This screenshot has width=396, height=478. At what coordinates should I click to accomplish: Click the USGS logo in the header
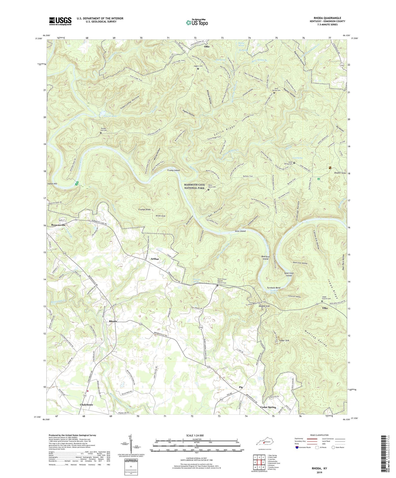[60, 21]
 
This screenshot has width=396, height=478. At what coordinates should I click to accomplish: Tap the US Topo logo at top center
[196, 22]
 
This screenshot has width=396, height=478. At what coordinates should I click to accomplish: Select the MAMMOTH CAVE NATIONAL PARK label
[194, 186]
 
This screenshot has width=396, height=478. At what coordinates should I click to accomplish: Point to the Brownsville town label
[56, 225]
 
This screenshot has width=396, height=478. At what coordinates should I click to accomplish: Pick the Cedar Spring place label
[268, 407]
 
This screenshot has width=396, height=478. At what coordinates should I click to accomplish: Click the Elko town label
[325, 308]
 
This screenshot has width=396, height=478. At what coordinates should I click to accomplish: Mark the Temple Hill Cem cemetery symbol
[101, 133]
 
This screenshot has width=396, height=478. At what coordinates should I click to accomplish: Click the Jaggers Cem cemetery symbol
[198, 69]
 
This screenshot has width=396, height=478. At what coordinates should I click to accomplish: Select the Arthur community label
[155, 259]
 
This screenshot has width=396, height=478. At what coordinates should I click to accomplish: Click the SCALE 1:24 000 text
[194, 435]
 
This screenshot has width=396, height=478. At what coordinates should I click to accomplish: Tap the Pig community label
[241, 387]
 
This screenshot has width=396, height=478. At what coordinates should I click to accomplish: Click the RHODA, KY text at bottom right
[318, 468]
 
